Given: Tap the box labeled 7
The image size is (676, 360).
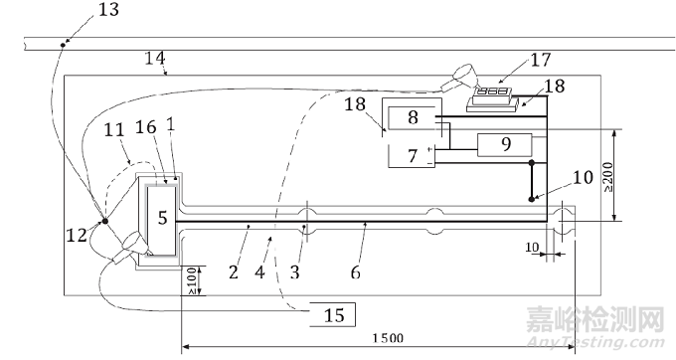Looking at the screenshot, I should click(x=413, y=156).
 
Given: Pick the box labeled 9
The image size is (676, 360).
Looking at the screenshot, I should click(x=505, y=143).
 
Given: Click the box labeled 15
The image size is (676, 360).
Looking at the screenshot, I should click(x=334, y=315).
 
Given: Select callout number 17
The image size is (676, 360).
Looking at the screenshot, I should click(x=540, y=60).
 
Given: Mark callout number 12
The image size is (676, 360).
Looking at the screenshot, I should click(x=78, y=237).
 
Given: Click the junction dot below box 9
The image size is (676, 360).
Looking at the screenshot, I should click(x=532, y=163).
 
